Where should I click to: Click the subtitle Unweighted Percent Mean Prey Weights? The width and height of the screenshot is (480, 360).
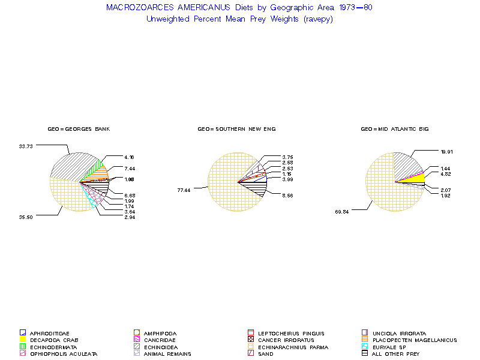point(239,19)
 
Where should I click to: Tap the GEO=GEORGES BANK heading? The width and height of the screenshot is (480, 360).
point(79,129)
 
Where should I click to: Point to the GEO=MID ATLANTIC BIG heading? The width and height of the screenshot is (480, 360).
point(394,129)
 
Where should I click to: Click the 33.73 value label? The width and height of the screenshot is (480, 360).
point(26,145)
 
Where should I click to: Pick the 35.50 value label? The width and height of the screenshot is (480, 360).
point(26,217)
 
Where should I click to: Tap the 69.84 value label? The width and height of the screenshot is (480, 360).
point(342,211)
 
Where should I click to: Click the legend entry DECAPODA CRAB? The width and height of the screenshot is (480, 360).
point(48,340)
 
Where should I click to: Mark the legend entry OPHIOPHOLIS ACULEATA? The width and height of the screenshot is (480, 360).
point(55,354)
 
